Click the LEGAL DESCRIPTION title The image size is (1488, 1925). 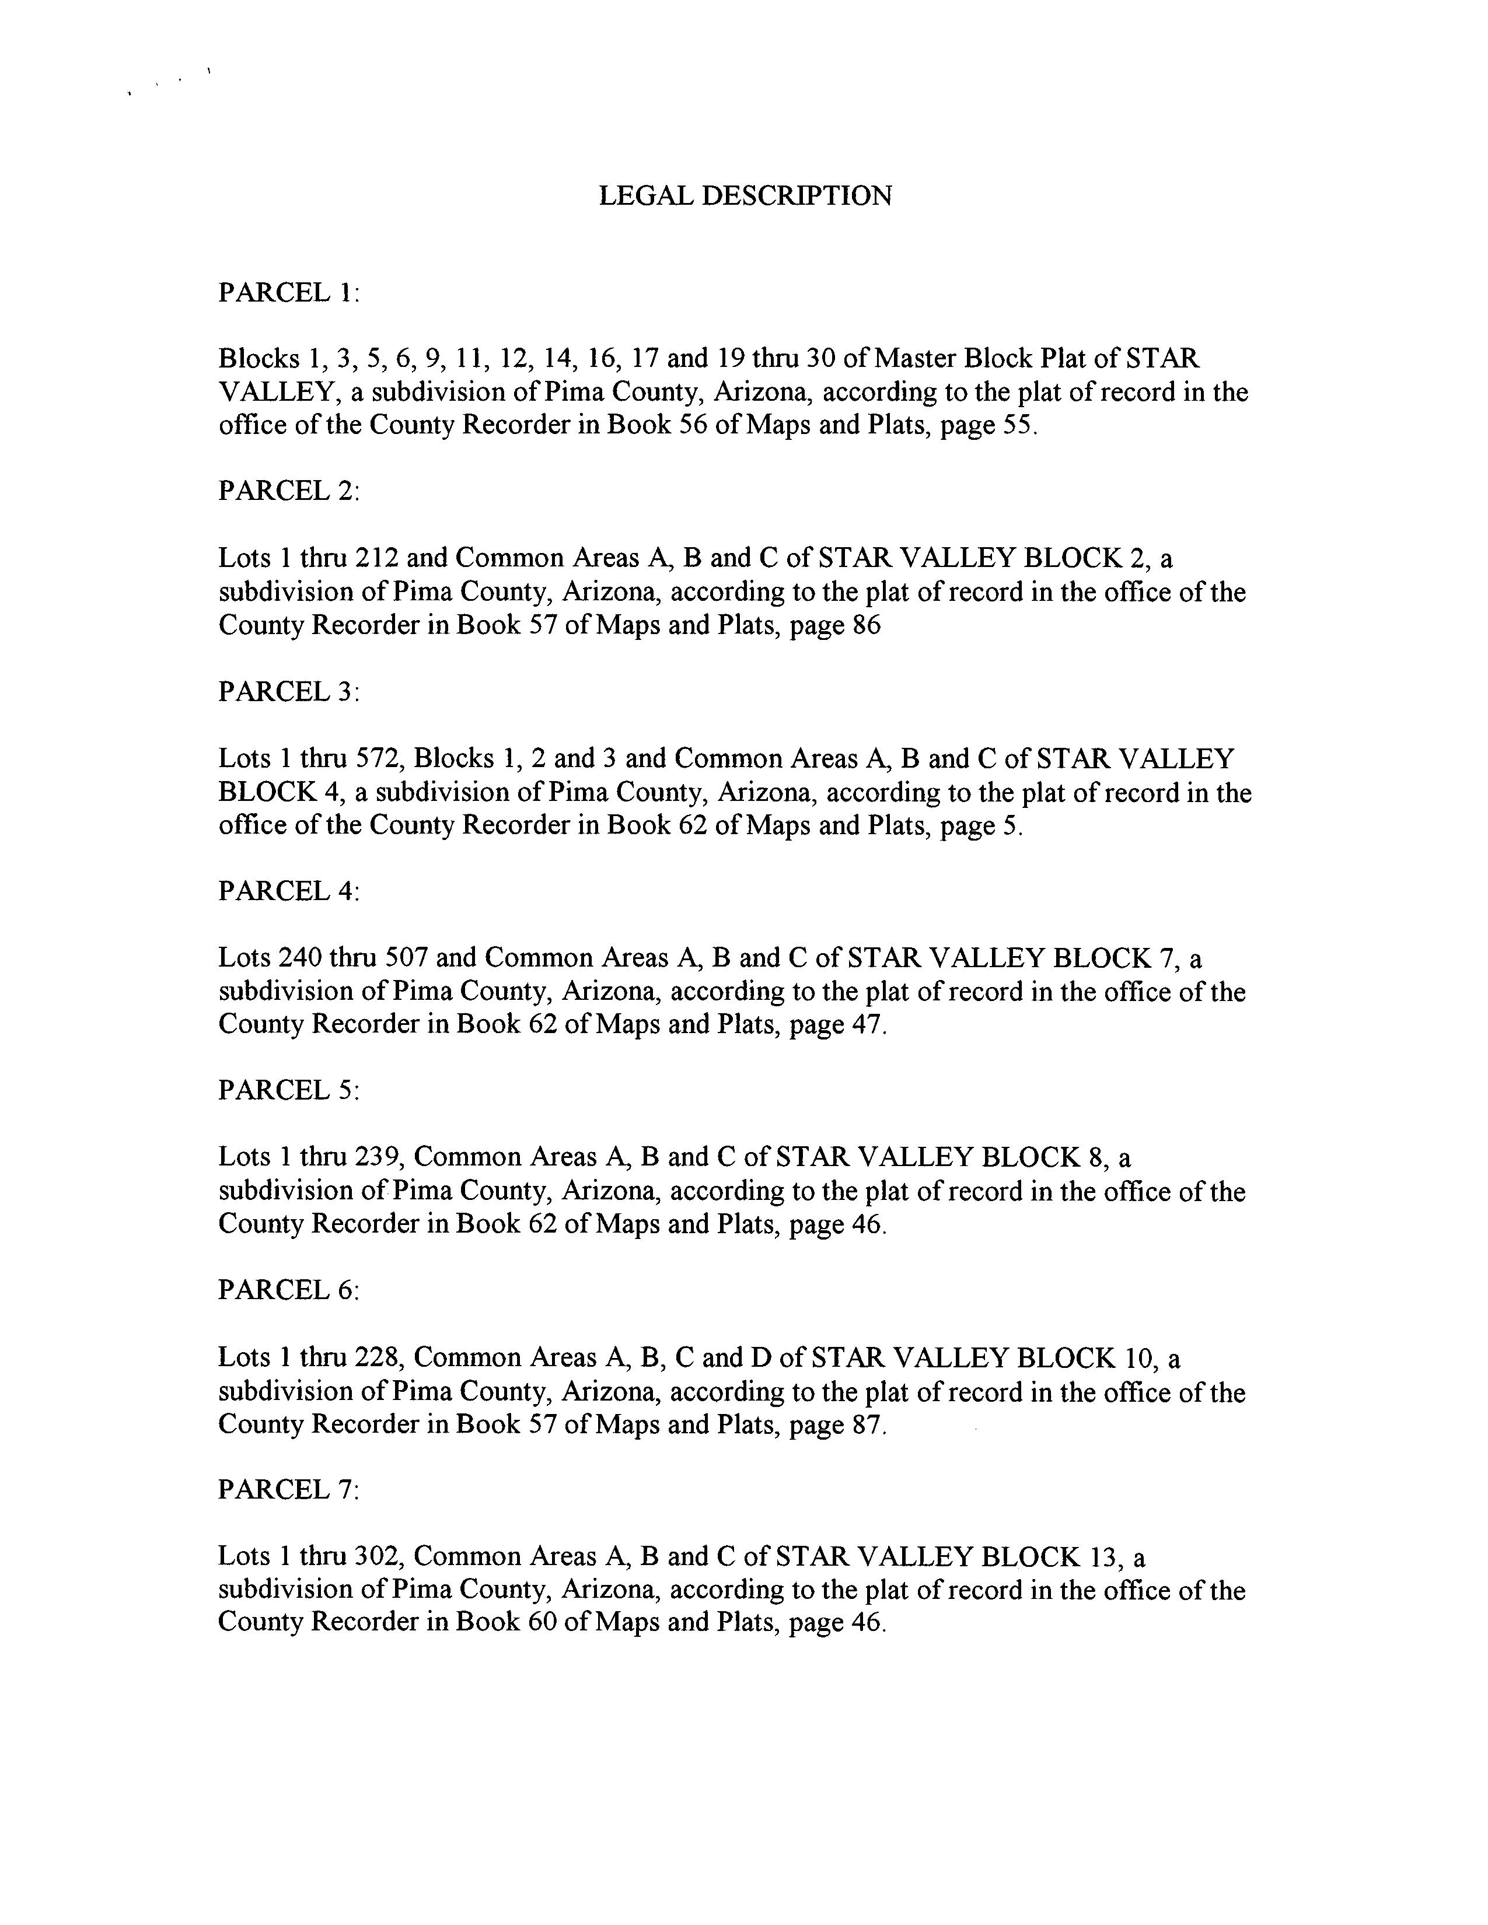[x=745, y=195]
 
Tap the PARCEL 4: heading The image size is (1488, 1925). [x=288, y=891]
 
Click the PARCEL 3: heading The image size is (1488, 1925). [x=288, y=692]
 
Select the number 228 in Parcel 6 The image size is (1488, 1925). [x=378, y=1357]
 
